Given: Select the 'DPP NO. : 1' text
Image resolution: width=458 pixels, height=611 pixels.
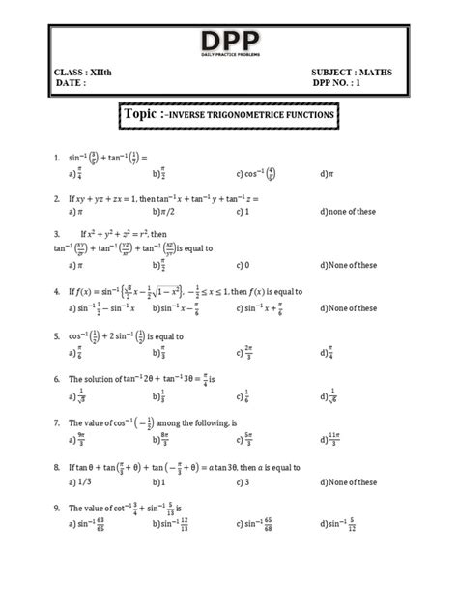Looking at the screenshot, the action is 345,83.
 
